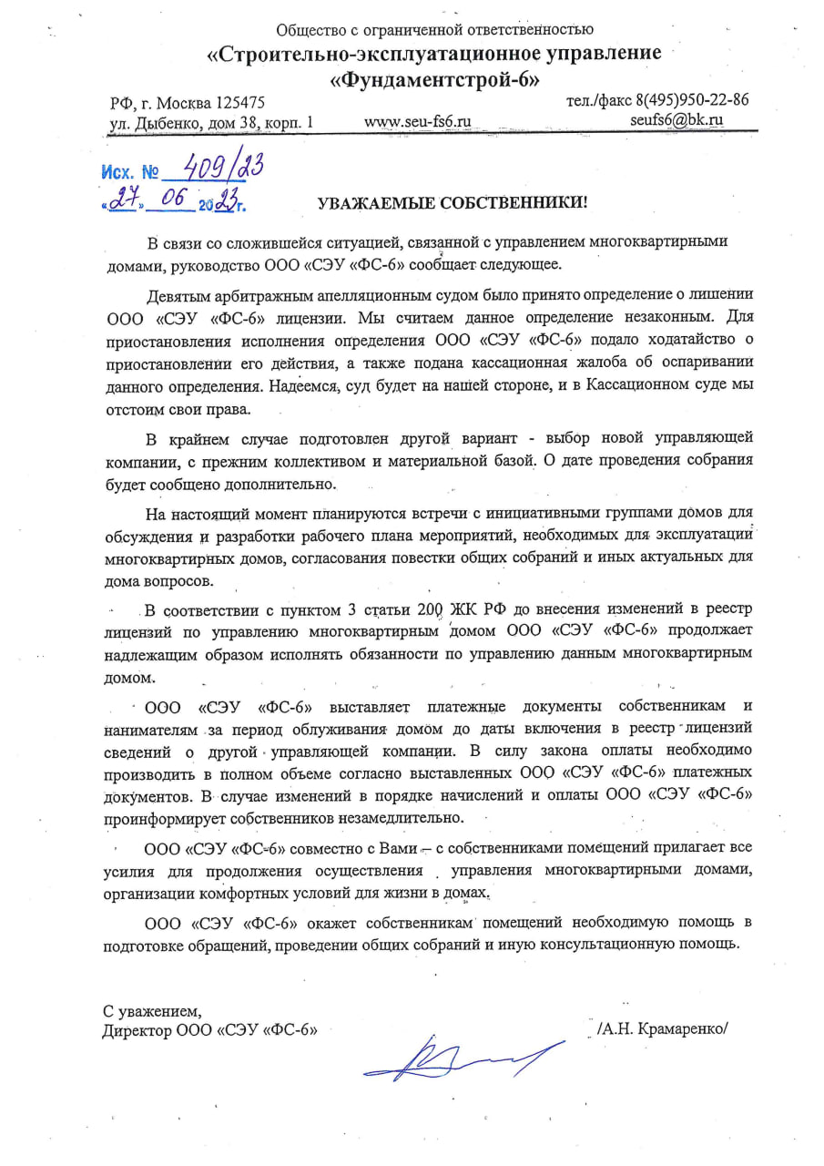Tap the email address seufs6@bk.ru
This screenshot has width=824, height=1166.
[676, 118]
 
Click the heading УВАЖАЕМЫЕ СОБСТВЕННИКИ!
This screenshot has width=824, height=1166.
[453, 203]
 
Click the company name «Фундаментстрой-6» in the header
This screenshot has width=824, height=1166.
[434, 79]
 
